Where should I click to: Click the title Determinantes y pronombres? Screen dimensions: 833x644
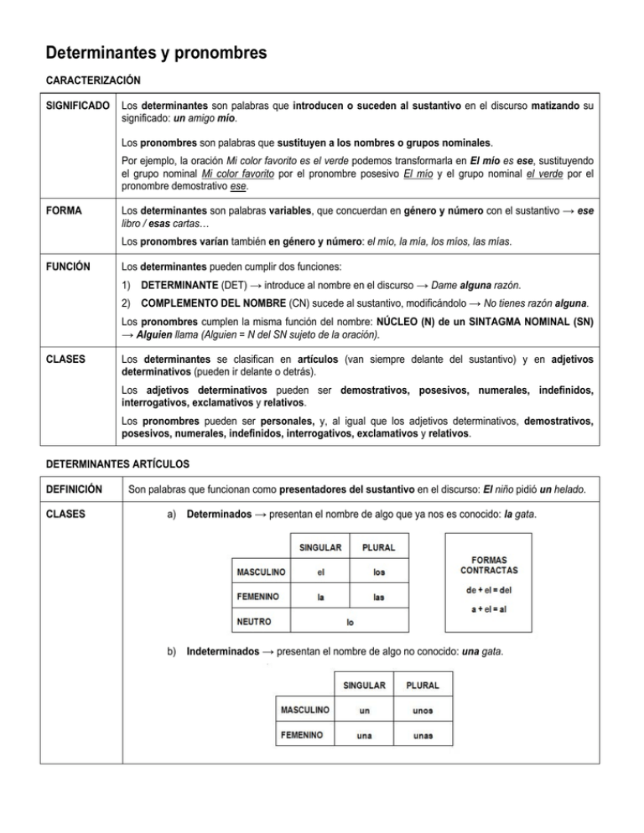pyautogui.click(x=156, y=54)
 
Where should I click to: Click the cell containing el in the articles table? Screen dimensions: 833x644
pyautogui.click(x=320, y=573)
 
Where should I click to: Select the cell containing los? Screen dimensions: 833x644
pyautogui.click(x=378, y=573)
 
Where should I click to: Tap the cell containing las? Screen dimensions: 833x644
pyautogui.click(x=378, y=598)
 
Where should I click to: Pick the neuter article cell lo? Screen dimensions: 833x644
pyautogui.click(x=349, y=623)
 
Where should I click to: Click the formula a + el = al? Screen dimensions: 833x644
pyautogui.click(x=488, y=608)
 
